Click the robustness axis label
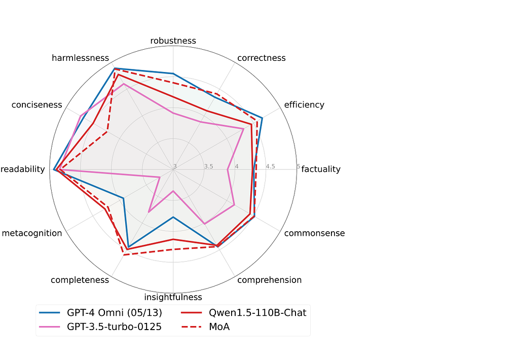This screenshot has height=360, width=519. [x=173, y=41]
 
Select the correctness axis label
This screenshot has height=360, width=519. [x=261, y=58]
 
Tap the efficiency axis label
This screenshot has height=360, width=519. [x=304, y=104]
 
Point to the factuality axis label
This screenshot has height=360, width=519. [x=321, y=169]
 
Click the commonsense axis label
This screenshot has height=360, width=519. [x=314, y=233]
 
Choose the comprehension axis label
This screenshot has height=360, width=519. [x=270, y=280]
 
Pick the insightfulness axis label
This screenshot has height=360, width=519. [x=173, y=297]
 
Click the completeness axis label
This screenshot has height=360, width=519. [x=80, y=280]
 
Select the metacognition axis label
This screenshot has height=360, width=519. [x=32, y=233]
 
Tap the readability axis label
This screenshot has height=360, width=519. [x=22, y=169]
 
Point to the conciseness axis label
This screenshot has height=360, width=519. [x=36, y=104]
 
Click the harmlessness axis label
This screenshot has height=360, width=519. [x=80, y=58]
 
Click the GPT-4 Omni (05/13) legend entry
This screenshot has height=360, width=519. [x=101, y=313]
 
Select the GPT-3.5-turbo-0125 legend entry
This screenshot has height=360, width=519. [x=100, y=327]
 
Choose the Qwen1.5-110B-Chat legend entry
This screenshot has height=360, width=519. [x=244, y=313]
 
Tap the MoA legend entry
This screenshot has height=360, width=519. [x=206, y=327]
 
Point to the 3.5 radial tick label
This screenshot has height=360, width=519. [x=208, y=166]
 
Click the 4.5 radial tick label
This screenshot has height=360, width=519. [x=271, y=166]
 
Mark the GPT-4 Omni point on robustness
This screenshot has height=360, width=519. [x=173, y=74]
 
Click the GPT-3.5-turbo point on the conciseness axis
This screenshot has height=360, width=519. [x=81, y=116]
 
